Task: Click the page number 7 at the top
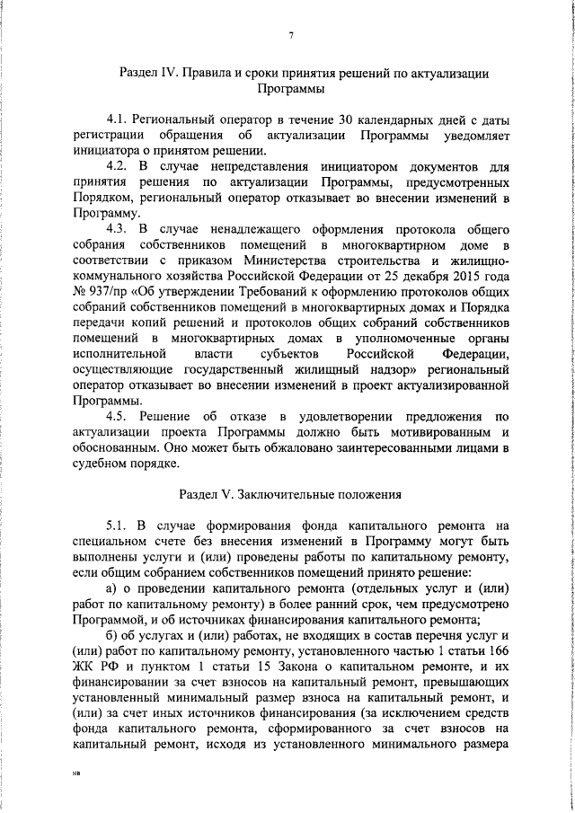292,36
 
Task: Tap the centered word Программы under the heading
291,90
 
